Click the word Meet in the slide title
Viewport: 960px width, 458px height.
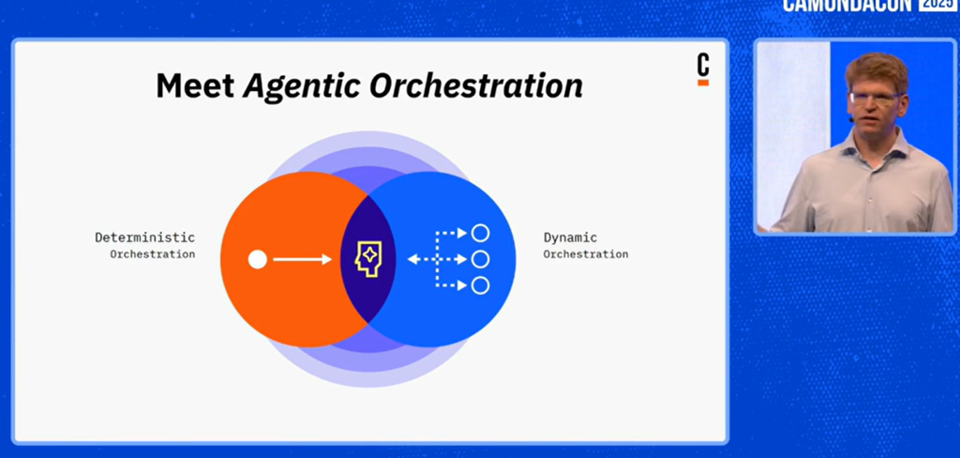(195, 85)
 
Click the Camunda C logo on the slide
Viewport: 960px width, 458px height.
(703, 69)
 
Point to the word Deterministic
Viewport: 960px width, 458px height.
(144, 237)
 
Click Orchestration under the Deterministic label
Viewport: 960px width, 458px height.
(153, 253)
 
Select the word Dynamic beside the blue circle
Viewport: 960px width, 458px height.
(570, 237)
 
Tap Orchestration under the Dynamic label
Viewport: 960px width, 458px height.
(586, 253)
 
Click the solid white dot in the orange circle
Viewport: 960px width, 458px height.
(258, 259)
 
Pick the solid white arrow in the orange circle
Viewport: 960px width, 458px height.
(302, 259)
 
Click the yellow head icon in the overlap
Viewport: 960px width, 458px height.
(367, 259)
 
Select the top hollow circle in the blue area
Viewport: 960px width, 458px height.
(481, 233)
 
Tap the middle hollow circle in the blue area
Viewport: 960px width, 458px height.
(481, 259)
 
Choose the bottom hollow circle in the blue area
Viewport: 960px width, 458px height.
(481, 285)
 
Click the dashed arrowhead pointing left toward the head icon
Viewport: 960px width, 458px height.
(413, 259)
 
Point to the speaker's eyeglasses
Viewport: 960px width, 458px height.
(877, 97)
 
